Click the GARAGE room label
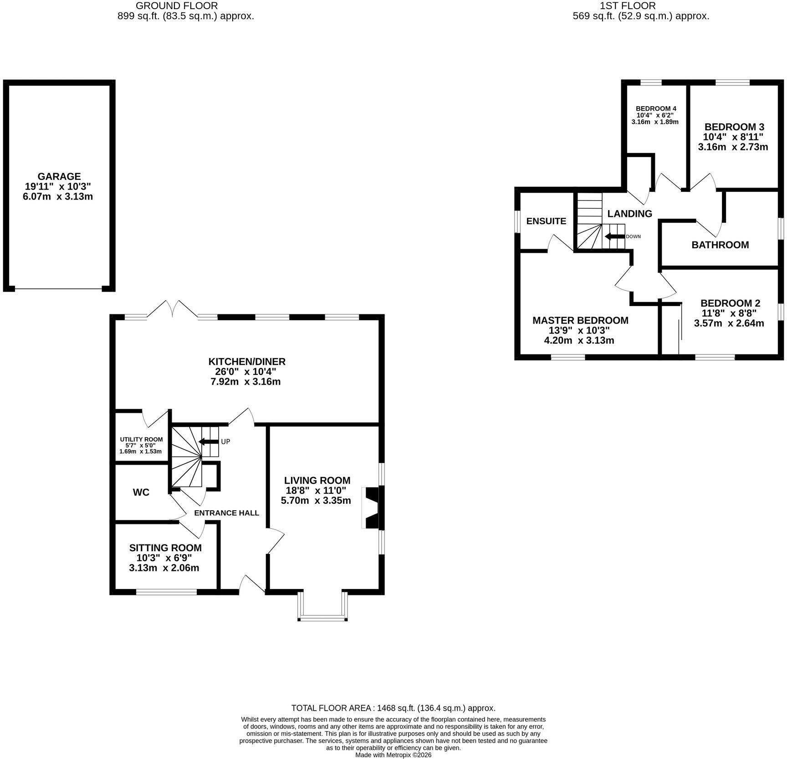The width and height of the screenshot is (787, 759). [x=59, y=176]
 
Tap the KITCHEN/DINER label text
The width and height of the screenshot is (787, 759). [x=247, y=362]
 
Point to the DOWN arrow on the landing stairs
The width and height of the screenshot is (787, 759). [x=614, y=236]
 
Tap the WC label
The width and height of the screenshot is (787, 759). [x=141, y=492]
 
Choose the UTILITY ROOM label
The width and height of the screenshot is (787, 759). [x=141, y=439]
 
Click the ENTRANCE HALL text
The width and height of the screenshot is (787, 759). [x=227, y=513]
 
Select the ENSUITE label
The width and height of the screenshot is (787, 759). [x=546, y=221]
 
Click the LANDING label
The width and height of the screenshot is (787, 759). [x=630, y=214]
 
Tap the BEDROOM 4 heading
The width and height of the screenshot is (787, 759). [x=656, y=108]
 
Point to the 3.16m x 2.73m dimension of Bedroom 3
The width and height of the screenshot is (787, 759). [x=733, y=147]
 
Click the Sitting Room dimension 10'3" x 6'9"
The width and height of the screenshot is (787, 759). [x=164, y=558]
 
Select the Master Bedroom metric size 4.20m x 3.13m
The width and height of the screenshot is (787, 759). [x=579, y=340]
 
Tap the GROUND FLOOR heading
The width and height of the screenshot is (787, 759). [x=177, y=6]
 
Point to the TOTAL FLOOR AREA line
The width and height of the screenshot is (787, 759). [x=393, y=708]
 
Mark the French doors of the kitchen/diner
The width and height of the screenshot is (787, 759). [x=172, y=309]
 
